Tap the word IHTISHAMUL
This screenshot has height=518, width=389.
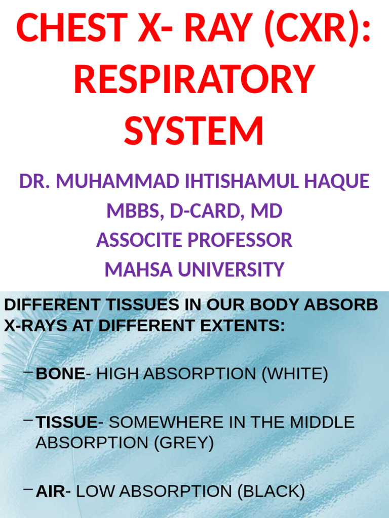(238, 181)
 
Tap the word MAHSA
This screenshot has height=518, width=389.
(132, 269)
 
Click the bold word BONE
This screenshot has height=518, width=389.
(60, 374)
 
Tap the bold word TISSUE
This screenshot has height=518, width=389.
(66, 422)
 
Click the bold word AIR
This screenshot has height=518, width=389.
(50, 491)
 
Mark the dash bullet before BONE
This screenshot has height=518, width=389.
(29, 374)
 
